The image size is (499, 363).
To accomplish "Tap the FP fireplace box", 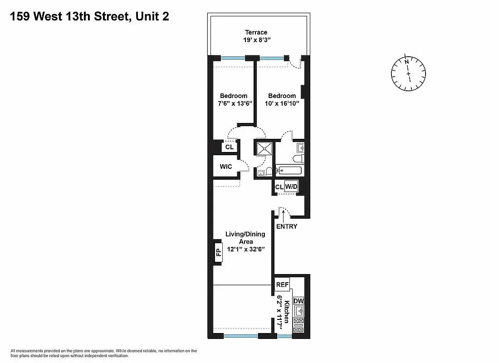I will [x=218, y=251].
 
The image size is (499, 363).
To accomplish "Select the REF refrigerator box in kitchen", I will [x=282, y=285].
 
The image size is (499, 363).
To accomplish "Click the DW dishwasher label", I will [x=298, y=301].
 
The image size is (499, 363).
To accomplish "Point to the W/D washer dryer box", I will [x=291, y=186].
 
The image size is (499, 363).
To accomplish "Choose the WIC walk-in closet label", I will [x=226, y=167].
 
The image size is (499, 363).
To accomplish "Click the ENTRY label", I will [x=286, y=226].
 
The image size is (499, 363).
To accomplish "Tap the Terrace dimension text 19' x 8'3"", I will [x=256, y=40].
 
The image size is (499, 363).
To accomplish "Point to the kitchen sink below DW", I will [x=298, y=312].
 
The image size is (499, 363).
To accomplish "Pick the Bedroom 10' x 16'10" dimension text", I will [x=282, y=103].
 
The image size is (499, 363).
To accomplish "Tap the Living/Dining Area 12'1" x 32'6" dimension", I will [x=245, y=249].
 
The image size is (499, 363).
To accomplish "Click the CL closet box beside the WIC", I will [x=229, y=147].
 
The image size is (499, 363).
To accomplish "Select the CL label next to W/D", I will [x=279, y=187].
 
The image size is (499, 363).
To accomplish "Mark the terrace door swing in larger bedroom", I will [x=296, y=63].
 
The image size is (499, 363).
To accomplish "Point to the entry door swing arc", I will [x=283, y=211].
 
